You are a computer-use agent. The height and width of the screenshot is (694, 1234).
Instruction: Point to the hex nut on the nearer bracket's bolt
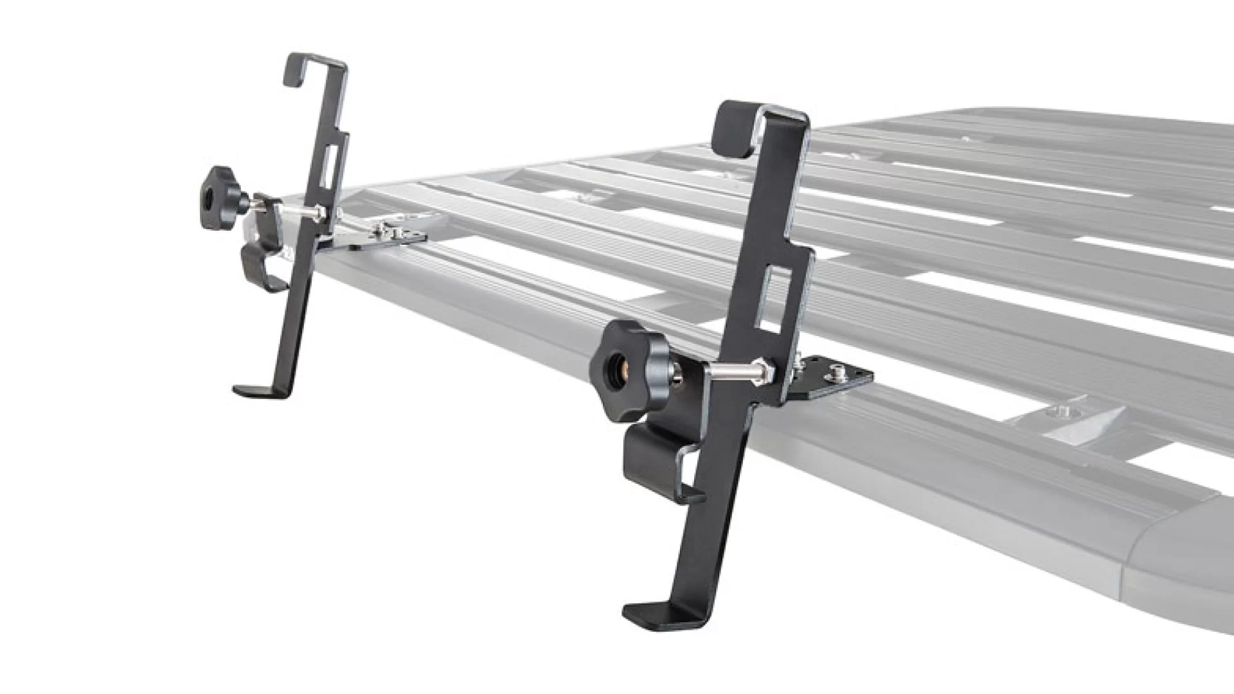coord(765,369)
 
